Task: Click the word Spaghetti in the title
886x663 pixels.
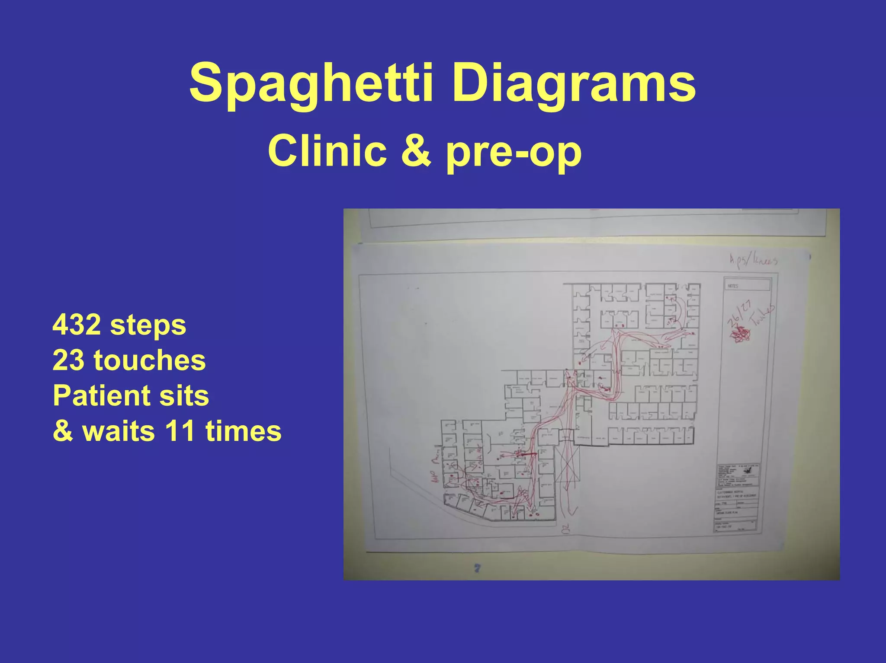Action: pos(311,83)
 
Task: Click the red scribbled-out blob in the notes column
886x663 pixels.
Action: pos(740,334)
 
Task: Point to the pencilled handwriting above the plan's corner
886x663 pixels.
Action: pos(753,260)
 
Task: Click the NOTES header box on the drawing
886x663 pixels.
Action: pos(747,285)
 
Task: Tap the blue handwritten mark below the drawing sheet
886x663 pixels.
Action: pos(477,568)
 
